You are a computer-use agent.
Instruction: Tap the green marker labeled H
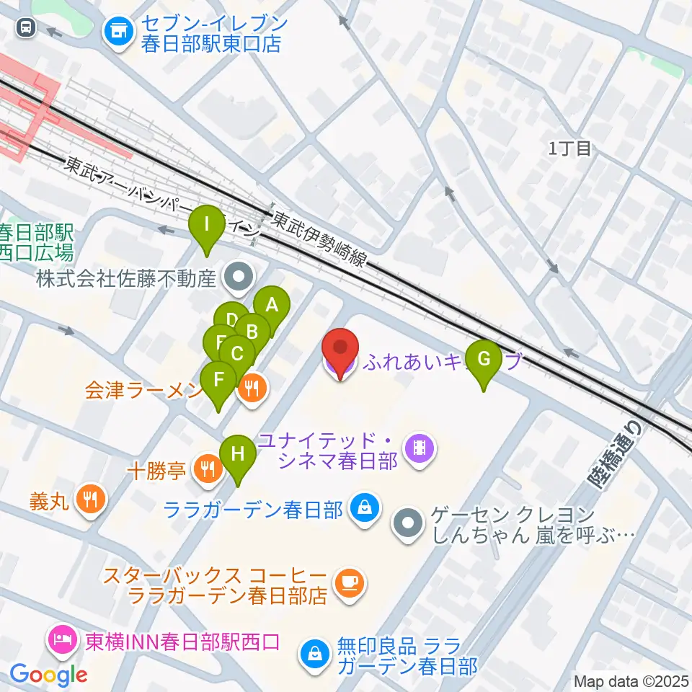pos(237,455)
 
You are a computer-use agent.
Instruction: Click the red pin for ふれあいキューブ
pos(340,350)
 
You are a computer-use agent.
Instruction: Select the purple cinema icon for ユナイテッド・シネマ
pos(419,450)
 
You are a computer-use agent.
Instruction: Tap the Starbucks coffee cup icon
pos(350,580)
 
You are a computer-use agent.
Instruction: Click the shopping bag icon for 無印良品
pos(315,654)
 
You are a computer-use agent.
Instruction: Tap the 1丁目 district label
pos(569,149)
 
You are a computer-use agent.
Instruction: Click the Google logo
pos(49,675)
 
